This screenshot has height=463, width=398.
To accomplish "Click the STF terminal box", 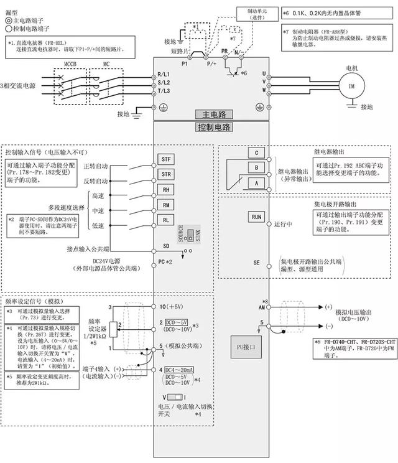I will (x=166, y=159).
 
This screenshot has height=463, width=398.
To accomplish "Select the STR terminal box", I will (x=166, y=174).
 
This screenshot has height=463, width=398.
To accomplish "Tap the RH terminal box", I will (x=166, y=190).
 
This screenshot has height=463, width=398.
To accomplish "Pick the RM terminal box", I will (x=166, y=205).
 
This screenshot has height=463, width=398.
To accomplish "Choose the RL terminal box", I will (x=166, y=220).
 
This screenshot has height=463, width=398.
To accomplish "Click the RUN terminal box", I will (x=256, y=217).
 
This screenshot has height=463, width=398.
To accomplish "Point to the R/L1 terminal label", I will (x=164, y=73).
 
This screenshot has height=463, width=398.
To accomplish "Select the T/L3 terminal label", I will (x=164, y=91).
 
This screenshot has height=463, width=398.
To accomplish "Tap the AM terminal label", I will (x=261, y=307).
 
